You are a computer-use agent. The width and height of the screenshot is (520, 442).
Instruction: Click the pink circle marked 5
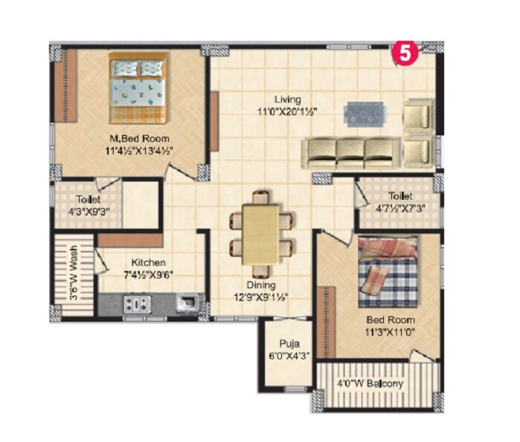pos(404,53)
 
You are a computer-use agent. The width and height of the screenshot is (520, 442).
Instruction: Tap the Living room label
pos(286,100)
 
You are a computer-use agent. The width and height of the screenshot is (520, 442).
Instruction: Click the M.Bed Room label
pos(139,138)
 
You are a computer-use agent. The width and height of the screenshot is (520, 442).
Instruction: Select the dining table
pos(260,233)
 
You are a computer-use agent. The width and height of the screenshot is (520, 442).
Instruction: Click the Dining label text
pos(261,285)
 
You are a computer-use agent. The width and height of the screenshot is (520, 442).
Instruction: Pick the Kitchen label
pos(149,263)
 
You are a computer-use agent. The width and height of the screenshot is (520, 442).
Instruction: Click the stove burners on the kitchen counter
pos(136,303)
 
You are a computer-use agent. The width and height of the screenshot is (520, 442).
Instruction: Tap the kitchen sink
pos(187,302)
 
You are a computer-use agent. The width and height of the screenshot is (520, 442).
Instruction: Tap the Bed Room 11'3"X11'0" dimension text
pos(389,333)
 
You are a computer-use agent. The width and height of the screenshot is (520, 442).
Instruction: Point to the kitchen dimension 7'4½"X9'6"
pos(149,275)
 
